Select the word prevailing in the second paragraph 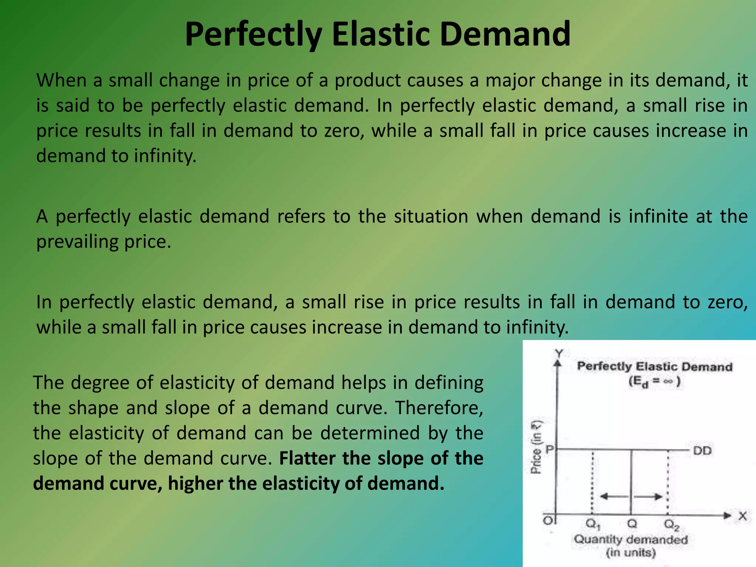(x=77, y=242)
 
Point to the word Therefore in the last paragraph (x=439, y=408)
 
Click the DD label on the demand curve (x=702, y=451)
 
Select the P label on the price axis (x=550, y=450)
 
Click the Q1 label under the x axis (x=593, y=524)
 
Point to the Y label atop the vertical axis (x=559, y=354)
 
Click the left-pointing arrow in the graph (x=613, y=496)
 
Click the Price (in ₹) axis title (x=536, y=447)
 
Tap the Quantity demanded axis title (x=630, y=540)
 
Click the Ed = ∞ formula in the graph (x=654, y=381)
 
